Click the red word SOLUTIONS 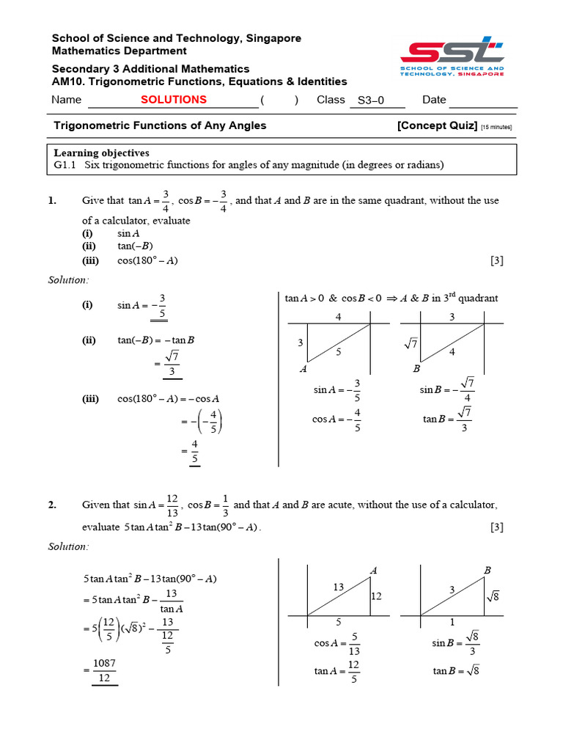174,100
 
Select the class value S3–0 370,101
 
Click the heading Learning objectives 102,153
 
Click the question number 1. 52,201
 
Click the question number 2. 52,505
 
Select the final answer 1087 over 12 104,671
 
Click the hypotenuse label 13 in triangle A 339,587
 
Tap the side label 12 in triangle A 377,597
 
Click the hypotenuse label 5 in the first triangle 338,351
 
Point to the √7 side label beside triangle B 410,342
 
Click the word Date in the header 434,100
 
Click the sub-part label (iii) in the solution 90,399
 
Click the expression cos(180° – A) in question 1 147,260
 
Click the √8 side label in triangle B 492,597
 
